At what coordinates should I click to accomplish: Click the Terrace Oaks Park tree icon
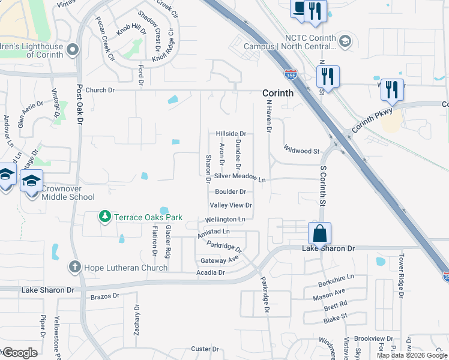click(105, 216)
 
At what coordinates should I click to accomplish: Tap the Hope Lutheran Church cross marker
click(74, 266)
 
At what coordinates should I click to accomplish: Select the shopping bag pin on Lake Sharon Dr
click(320, 233)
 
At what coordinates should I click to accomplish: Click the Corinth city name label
click(278, 93)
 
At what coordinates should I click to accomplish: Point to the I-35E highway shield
click(291, 74)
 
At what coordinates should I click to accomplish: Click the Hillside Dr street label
click(231, 133)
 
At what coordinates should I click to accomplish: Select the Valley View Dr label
click(230, 205)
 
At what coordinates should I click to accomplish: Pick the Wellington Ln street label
click(225, 220)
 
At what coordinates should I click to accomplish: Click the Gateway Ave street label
click(220, 260)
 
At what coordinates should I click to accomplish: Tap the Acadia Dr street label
click(210, 272)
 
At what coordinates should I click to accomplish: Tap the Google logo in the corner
click(19, 353)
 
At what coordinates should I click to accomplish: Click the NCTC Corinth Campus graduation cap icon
click(345, 41)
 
